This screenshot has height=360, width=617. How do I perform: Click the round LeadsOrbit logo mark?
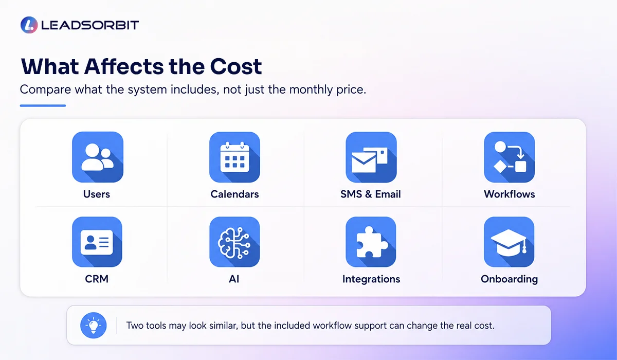29,25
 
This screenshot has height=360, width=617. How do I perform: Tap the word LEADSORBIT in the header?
90,25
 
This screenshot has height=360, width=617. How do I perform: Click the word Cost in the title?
236,66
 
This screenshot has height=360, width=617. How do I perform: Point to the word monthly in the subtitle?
311,89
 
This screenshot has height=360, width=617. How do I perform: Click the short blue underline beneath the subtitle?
43,105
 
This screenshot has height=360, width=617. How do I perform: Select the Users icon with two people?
98,157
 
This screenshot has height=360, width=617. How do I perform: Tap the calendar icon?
234,157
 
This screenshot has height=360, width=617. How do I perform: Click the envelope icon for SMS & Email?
371,157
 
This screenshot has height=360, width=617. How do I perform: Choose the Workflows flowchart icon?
510,157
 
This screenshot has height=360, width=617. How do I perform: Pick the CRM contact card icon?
97,242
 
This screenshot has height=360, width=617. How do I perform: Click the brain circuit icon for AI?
234,242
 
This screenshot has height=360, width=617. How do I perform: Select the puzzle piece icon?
371,242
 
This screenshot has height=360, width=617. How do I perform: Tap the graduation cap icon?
509,242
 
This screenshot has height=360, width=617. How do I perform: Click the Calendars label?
234,194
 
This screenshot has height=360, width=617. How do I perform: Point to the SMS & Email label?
371,194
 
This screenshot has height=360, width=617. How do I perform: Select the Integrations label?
371,279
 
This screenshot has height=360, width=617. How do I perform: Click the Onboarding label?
510,279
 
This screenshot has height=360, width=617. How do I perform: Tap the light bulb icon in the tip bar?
94,326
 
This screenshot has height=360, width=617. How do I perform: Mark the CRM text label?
97,279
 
